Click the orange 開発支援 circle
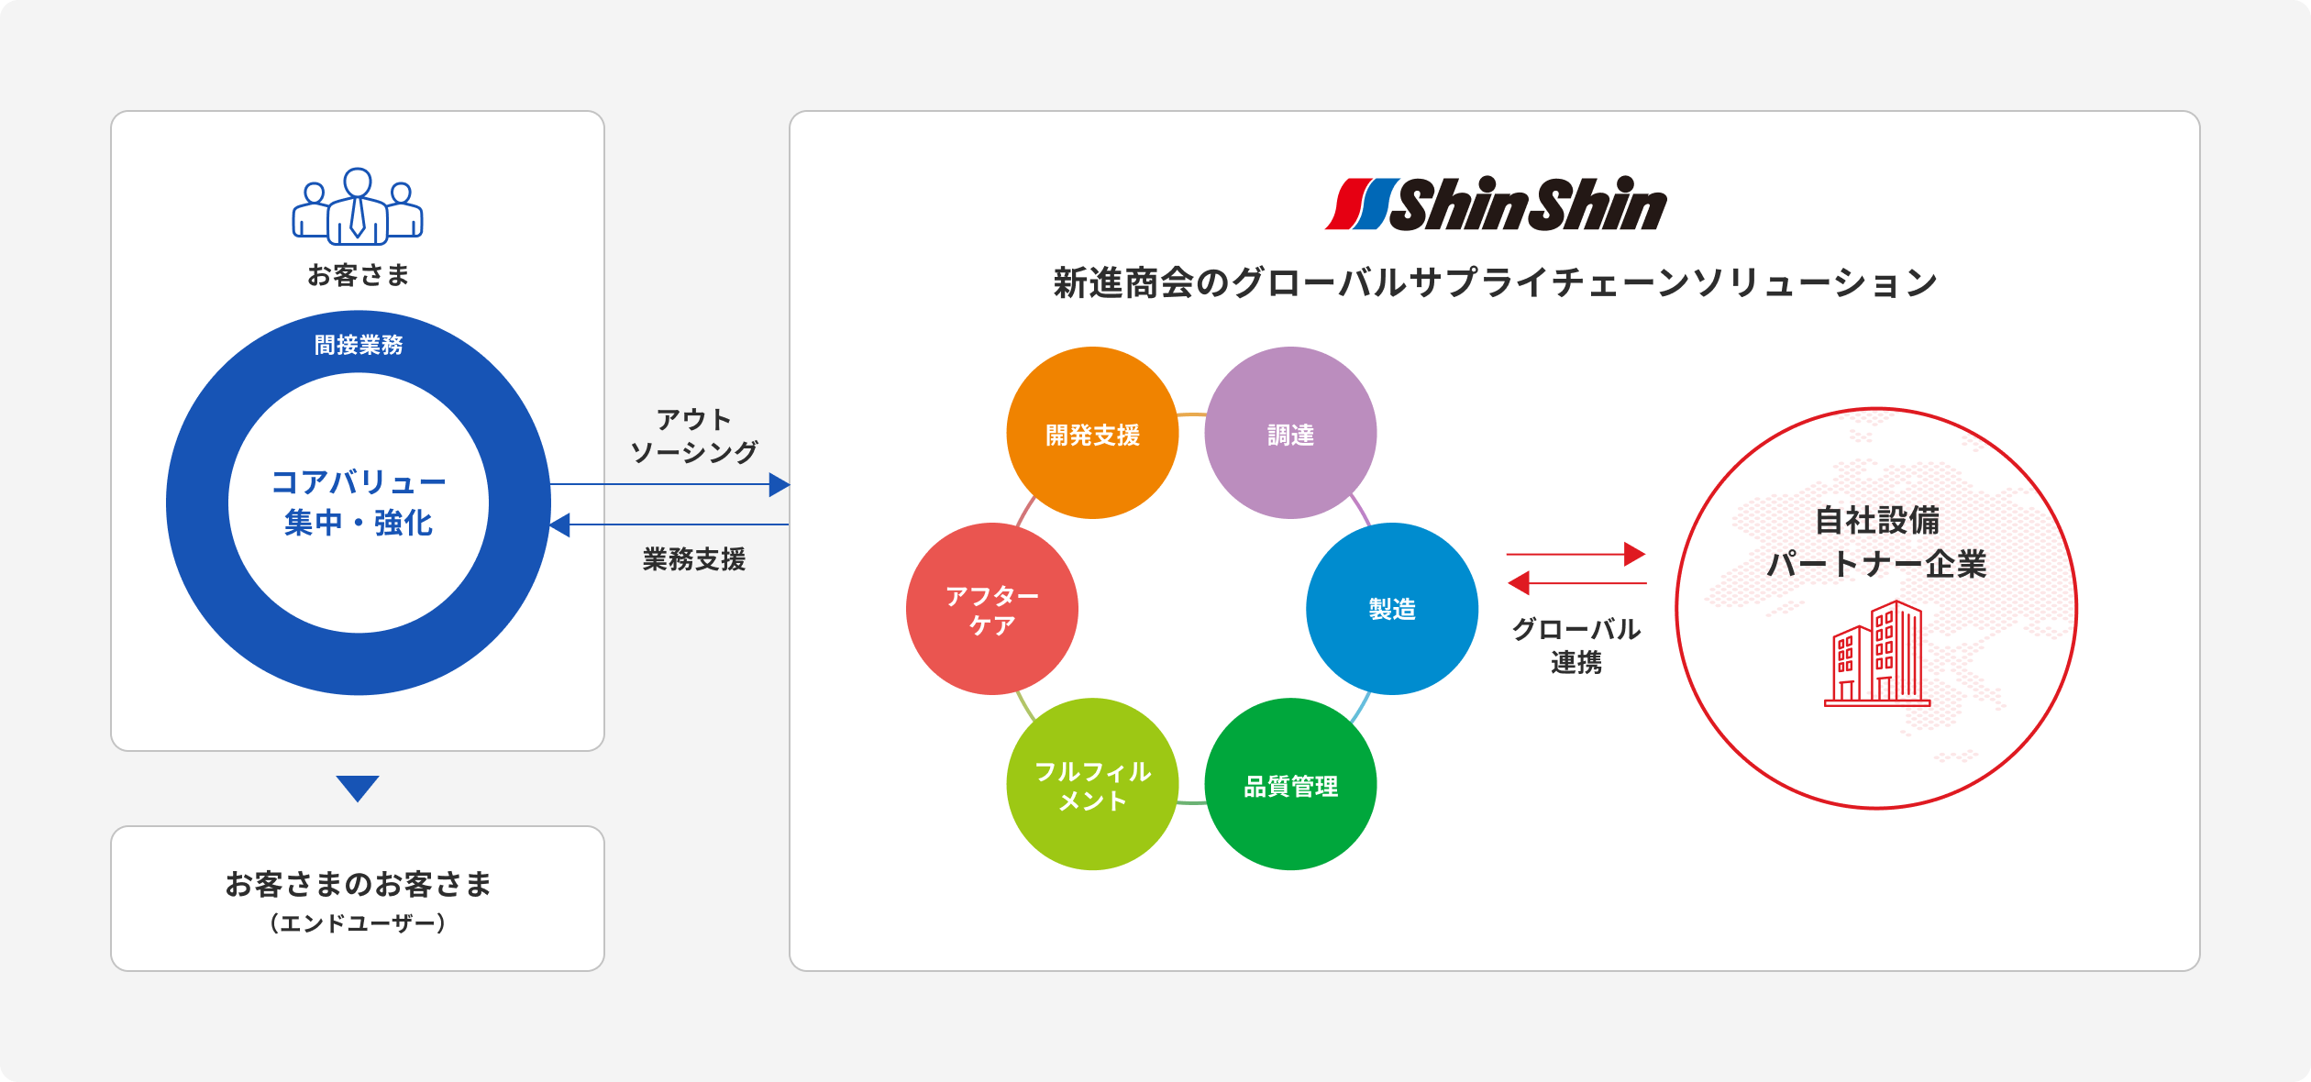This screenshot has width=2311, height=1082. pos(1092,433)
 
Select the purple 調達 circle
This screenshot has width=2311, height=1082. pos(1290,433)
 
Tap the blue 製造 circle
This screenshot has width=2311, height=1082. pos(1392,609)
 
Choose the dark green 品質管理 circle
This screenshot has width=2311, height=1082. pos(1290,785)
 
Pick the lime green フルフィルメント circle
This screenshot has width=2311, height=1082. pos(1092,785)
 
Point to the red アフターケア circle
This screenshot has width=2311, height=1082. pos(991,609)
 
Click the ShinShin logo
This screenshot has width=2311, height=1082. pos(1496,204)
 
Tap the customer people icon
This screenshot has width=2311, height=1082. pos(358,207)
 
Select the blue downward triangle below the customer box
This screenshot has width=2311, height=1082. pos(358,788)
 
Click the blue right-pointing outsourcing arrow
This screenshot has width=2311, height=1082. pos(669,484)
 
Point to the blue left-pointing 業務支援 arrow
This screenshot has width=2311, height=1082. pos(669,524)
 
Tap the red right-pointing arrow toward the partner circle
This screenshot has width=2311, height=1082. pos(1576,554)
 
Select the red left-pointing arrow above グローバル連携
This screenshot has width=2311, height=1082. pos(1576,582)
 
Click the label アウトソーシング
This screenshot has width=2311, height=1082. pos(694,436)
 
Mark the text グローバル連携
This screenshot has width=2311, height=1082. pos(1576,646)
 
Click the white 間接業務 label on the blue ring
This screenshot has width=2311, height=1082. pos(359,345)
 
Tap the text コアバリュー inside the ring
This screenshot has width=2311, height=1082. pos(359,482)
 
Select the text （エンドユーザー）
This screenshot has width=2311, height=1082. pos(358,923)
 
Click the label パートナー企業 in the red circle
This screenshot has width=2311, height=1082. pos(1876,564)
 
